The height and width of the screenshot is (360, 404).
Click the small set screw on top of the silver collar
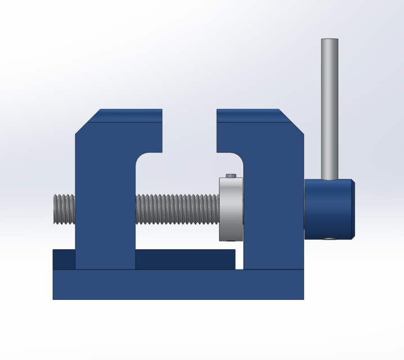[x=231, y=176]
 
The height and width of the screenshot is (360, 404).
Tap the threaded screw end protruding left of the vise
[x=64, y=209]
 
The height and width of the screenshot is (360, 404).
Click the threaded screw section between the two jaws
[x=177, y=209]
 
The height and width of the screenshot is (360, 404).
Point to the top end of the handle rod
[x=330, y=40]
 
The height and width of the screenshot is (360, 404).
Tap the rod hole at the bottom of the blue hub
[x=330, y=238]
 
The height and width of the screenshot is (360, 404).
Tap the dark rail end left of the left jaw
[x=64, y=259]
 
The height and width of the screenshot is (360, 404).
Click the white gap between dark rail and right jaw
[x=239, y=259]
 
